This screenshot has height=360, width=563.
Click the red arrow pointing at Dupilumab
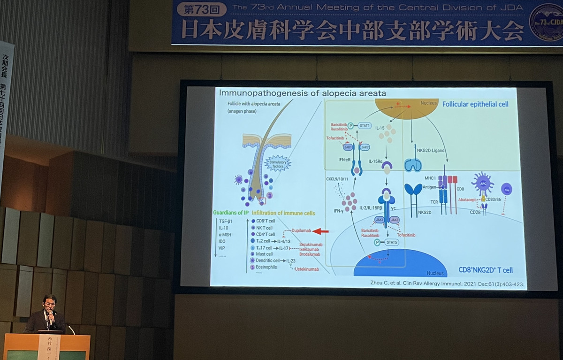pyautogui.click(x=320, y=231)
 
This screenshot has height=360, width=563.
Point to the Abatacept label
pyautogui.click(x=469, y=199)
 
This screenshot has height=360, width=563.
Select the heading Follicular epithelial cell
pyautogui.click(x=475, y=104)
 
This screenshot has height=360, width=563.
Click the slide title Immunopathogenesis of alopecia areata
pyautogui.click(x=302, y=93)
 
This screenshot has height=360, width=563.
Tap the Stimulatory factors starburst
pyautogui.click(x=278, y=163)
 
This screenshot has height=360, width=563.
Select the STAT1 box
pyautogui.click(x=364, y=125)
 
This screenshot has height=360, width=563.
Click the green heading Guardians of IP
pyautogui.click(x=230, y=213)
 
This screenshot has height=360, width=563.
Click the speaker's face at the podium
pyautogui.click(x=49, y=303)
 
